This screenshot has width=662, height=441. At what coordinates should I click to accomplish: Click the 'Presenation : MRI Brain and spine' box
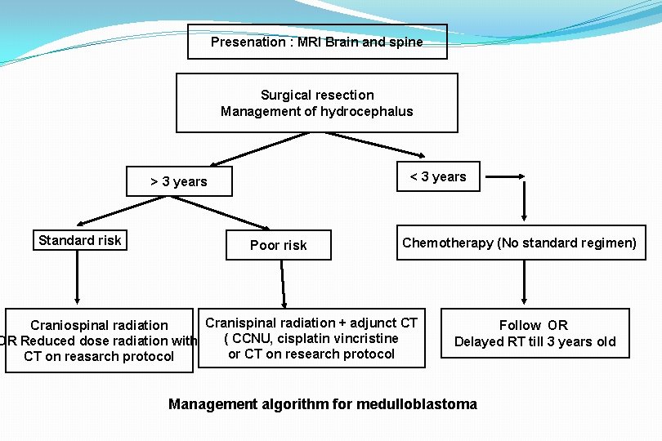(x=317, y=42)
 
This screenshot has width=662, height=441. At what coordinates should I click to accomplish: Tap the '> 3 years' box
(x=179, y=181)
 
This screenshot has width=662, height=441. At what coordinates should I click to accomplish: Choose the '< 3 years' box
(x=438, y=176)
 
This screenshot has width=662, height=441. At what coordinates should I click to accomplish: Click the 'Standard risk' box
(x=79, y=240)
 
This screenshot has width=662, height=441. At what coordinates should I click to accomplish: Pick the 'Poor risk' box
(x=279, y=245)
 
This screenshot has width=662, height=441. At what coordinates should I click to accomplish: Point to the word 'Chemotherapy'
(x=447, y=243)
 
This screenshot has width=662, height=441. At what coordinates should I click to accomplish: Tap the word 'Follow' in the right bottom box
(x=520, y=325)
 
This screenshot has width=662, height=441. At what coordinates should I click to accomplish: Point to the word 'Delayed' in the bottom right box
(x=479, y=341)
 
